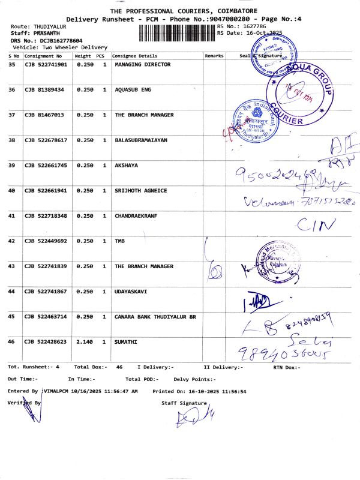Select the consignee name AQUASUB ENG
[x=133, y=89]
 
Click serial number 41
[x=11, y=215]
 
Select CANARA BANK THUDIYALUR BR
[x=155, y=316]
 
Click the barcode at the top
[x=177, y=32]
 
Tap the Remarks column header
[x=214, y=55]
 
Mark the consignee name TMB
[x=120, y=241]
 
